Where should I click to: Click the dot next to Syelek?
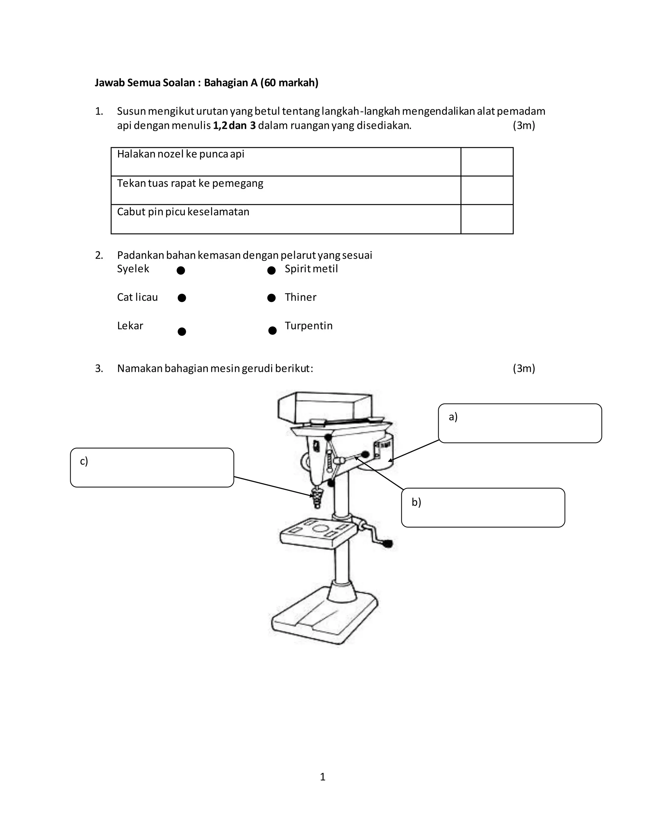click(181, 271)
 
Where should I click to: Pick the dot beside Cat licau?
click(182, 298)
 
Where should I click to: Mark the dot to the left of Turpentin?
click(272, 330)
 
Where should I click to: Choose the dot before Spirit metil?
click(271, 271)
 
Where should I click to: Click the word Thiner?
click(300, 297)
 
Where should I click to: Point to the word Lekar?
click(130, 326)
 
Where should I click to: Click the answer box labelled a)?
click(520, 423)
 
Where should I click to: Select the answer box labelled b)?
click(483, 508)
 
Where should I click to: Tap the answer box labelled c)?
click(152, 468)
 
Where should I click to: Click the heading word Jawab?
click(109, 83)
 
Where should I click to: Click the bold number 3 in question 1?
click(253, 125)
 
